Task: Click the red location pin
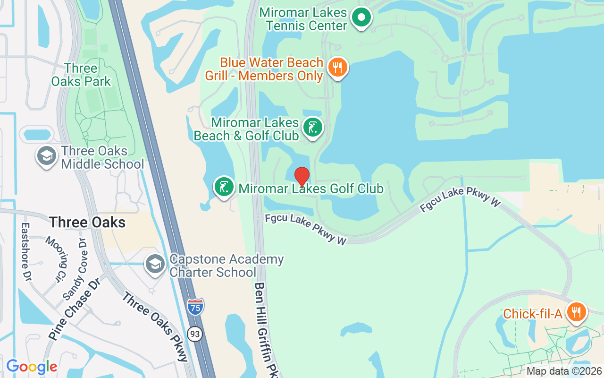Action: pyautogui.click(x=302, y=177)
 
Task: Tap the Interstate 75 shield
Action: pyautogui.click(x=195, y=307)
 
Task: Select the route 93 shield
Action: pyautogui.click(x=195, y=334)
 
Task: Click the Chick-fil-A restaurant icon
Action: pyautogui.click(x=576, y=312)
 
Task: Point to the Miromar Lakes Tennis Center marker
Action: pyautogui.click(x=361, y=18)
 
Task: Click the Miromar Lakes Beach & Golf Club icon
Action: pyautogui.click(x=312, y=128)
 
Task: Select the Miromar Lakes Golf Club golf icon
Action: pyautogui.click(x=225, y=187)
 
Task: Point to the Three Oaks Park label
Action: pyautogui.click(x=81, y=75)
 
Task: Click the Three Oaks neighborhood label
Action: pyautogui.click(x=88, y=222)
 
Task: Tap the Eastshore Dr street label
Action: pyautogui.click(x=25, y=250)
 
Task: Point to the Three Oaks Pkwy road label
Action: pyautogui.click(x=156, y=326)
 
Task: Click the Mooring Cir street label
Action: pyautogui.click(x=57, y=258)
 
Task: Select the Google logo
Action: pyautogui.click(x=32, y=366)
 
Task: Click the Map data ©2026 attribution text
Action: pyautogui.click(x=564, y=371)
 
